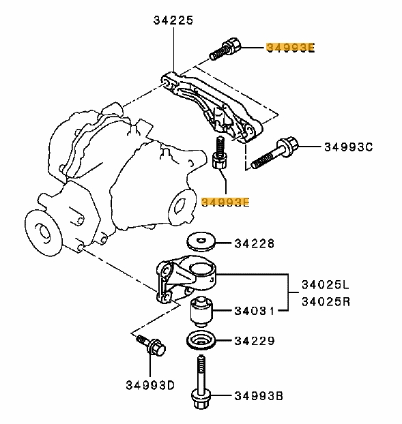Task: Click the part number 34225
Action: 173,21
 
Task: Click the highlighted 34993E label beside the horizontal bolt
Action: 291,48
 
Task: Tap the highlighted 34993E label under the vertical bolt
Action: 226,202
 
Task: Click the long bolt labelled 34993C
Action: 273,154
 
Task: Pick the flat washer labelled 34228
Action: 202,242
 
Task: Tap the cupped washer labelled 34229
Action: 201,340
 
